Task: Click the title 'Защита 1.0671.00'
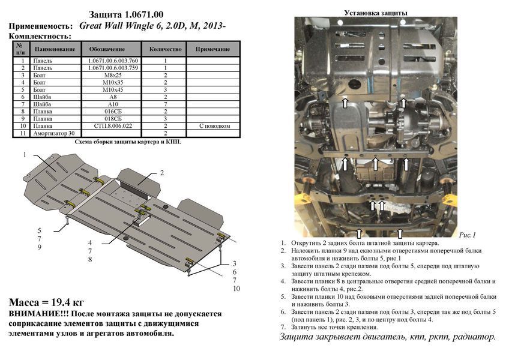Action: pos(126,14)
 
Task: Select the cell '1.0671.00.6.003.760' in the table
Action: pos(113,61)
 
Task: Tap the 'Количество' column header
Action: pos(165,49)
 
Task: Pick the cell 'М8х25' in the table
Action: pos(113,76)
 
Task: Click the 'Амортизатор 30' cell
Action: pos(54,133)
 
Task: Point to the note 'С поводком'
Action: pos(214,126)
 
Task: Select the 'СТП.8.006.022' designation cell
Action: pos(113,126)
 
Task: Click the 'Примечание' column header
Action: pos(212,49)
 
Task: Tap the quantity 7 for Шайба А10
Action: pos(166,104)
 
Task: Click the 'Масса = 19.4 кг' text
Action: pos(46,302)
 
